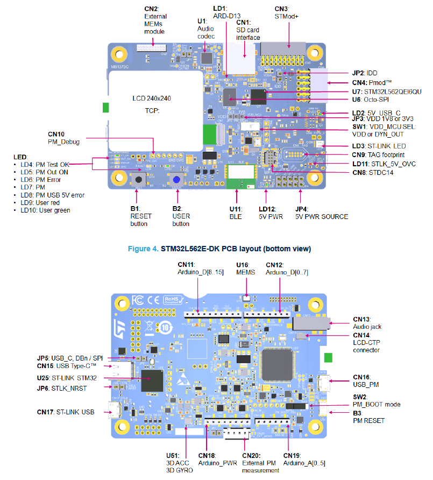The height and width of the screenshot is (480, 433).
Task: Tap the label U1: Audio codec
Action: tap(205, 28)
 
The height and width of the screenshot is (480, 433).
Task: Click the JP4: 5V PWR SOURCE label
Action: tap(322, 213)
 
